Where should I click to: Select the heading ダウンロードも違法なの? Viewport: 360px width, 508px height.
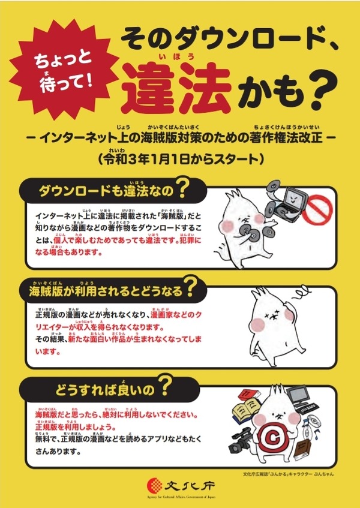105,191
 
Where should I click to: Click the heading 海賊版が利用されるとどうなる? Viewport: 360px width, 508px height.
106,291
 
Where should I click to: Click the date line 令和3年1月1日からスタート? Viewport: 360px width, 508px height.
179,158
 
